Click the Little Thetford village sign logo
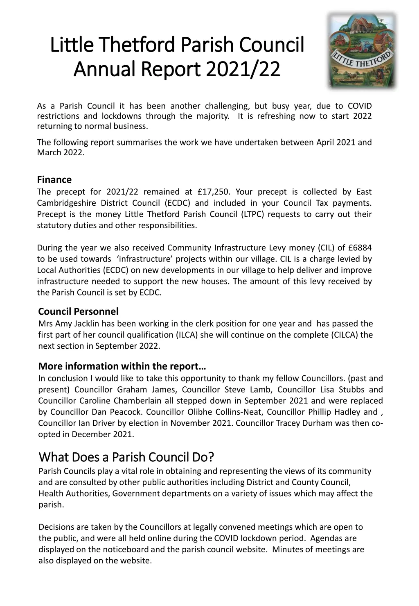tap(362, 50)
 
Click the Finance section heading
tap(54, 179)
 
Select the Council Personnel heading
tap(78, 312)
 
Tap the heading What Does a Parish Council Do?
tap(126, 456)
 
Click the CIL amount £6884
tap(360, 247)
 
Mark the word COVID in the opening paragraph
tap(360, 106)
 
